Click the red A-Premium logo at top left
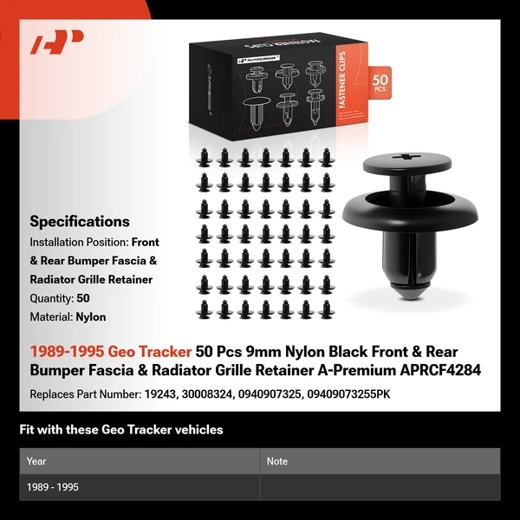click(x=56, y=42)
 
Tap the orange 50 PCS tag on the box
click(x=380, y=83)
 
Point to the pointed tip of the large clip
click(x=410, y=299)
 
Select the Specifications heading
click(x=80, y=222)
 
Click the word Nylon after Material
click(x=91, y=317)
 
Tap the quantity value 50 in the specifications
click(x=83, y=298)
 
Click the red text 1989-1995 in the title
click(x=67, y=352)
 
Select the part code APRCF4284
click(x=440, y=370)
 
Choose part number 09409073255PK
click(x=348, y=394)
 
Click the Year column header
click(x=36, y=461)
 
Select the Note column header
click(x=277, y=461)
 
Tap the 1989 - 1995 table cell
click(x=53, y=487)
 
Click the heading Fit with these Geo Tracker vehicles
click(x=121, y=430)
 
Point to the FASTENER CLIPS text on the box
click(x=342, y=81)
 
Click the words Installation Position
click(x=78, y=243)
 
